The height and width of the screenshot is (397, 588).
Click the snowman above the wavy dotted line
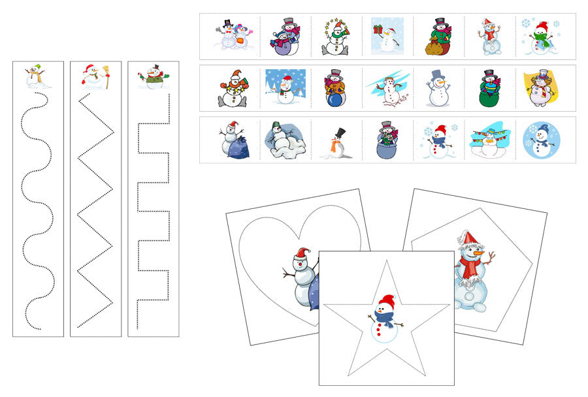pyautogui.click(x=38, y=77)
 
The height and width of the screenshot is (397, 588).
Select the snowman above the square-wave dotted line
pyautogui.click(x=154, y=77)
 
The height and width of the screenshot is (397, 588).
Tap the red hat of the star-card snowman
pyautogui.click(x=387, y=301)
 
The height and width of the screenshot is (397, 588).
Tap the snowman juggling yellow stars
pyautogui.click(x=335, y=37)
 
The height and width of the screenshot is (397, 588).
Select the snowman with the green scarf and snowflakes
pyautogui.click(x=541, y=37)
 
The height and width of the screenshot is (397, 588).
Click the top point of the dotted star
pyautogui.click(x=385, y=262)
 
